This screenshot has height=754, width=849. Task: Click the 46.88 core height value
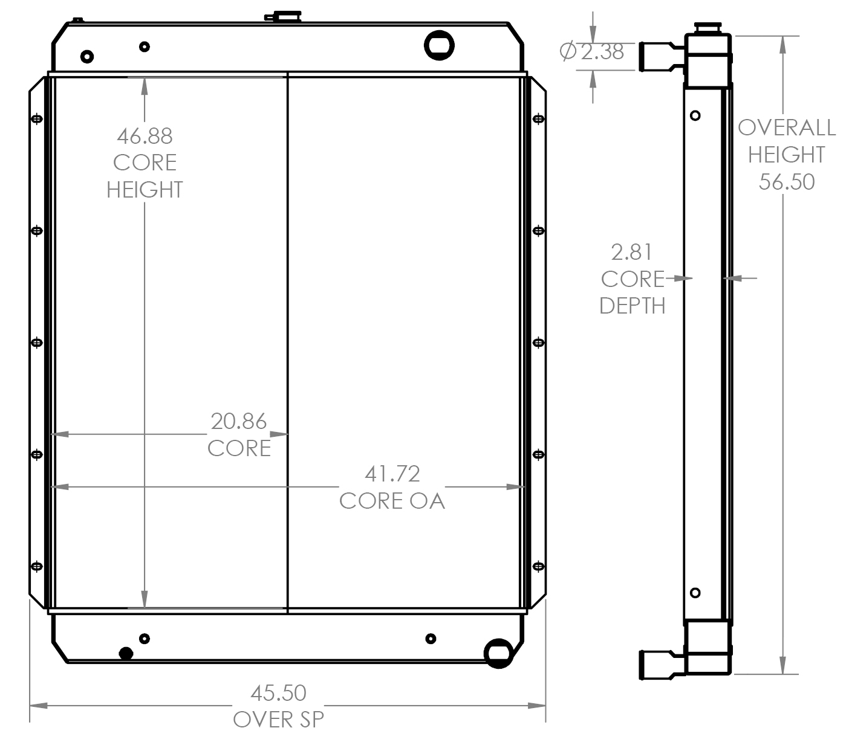[x=145, y=136]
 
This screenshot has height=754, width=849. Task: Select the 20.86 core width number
[x=238, y=421]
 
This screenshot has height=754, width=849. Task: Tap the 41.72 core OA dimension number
[x=392, y=474]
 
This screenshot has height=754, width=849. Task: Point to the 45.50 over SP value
[x=278, y=692]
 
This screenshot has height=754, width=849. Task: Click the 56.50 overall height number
[x=786, y=181]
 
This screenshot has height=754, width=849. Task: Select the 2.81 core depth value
[x=631, y=251]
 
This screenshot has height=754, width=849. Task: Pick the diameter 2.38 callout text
[x=593, y=52]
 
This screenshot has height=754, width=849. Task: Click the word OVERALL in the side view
[x=786, y=127]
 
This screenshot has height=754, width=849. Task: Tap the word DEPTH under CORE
[x=632, y=306]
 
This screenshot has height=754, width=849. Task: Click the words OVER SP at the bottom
[x=278, y=720]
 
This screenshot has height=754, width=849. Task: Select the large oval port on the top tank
[x=439, y=45]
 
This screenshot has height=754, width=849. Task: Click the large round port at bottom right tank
[x=499, y=652]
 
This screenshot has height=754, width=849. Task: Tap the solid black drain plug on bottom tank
[x=126, y=653]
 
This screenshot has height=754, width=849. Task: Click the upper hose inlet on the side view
[x=659, y=56]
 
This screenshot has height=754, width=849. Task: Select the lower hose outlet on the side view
[x=659, y=664]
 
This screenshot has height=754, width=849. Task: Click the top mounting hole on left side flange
[x=37, y=118]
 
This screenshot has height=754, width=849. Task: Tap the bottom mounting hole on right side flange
[x=538, y=566]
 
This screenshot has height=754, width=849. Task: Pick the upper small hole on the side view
[x=695, y=115]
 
